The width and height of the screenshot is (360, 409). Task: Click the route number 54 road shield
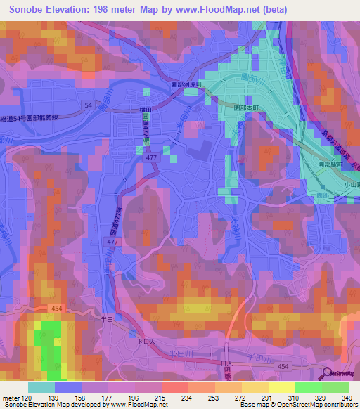pyautogui.click(x=87, y=104)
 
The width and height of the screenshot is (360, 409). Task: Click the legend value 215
pyautogui.click(x=160, y=398)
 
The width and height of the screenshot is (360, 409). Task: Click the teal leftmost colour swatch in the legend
pyautogui.click(x=41, y=387)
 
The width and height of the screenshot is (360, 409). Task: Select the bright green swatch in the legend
pyautogui.click(x=309, y=387)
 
